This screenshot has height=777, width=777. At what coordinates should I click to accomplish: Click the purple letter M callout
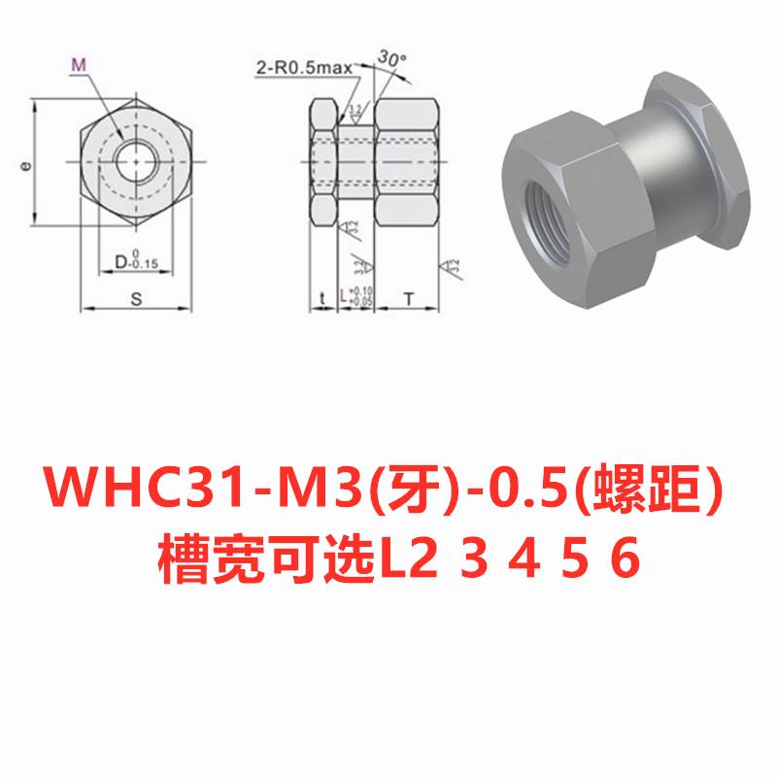pos(80,65)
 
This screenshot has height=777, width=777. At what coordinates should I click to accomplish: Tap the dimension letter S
pos(136,299)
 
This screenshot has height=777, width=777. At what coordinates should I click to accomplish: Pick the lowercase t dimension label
pos(321,299)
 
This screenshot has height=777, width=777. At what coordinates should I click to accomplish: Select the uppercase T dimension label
pos(409,299)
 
